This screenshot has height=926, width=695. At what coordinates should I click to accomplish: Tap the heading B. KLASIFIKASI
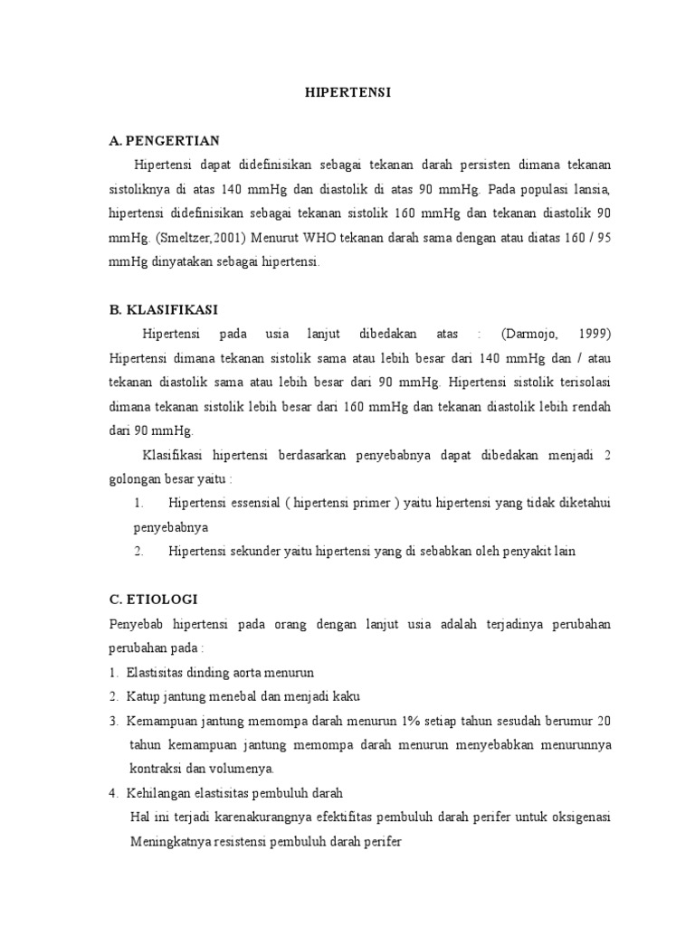tap(163, 309)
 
